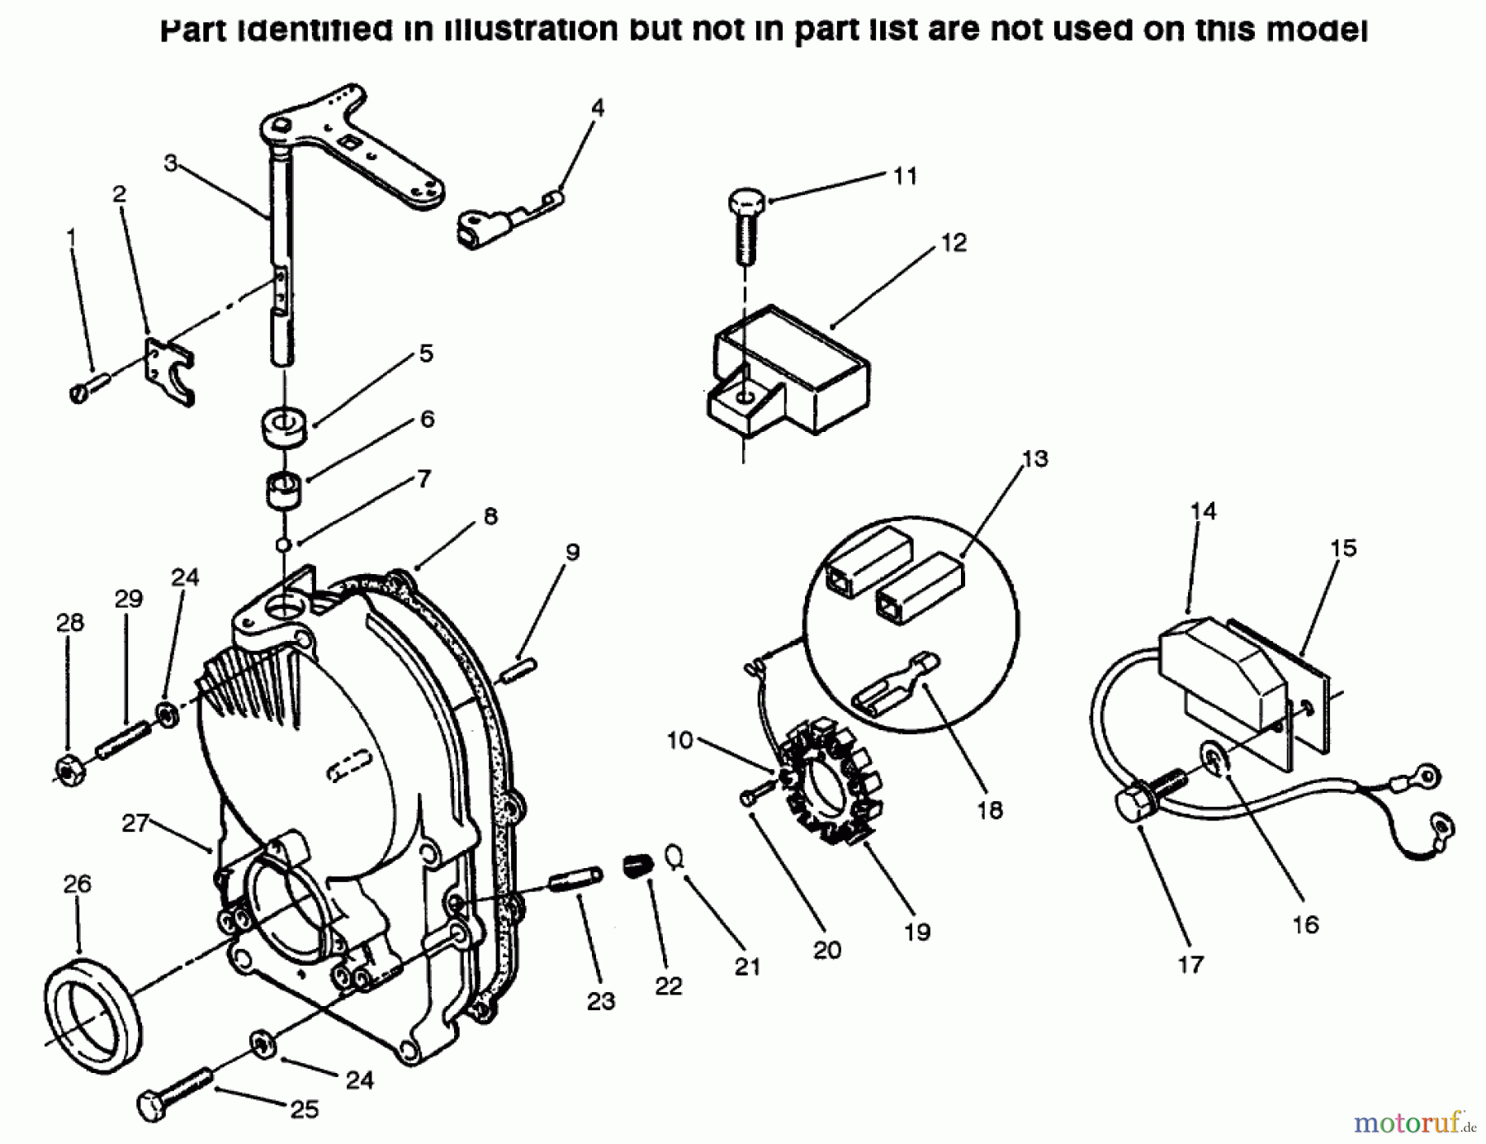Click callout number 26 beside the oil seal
tap(78, 884)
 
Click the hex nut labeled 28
tap(66, 768)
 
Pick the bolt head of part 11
tap(747, 202)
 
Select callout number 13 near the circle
tap(1034, 458)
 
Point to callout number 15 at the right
tap(1343, 548)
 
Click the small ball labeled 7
tap(282, 544)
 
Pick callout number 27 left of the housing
tap(135, 823)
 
